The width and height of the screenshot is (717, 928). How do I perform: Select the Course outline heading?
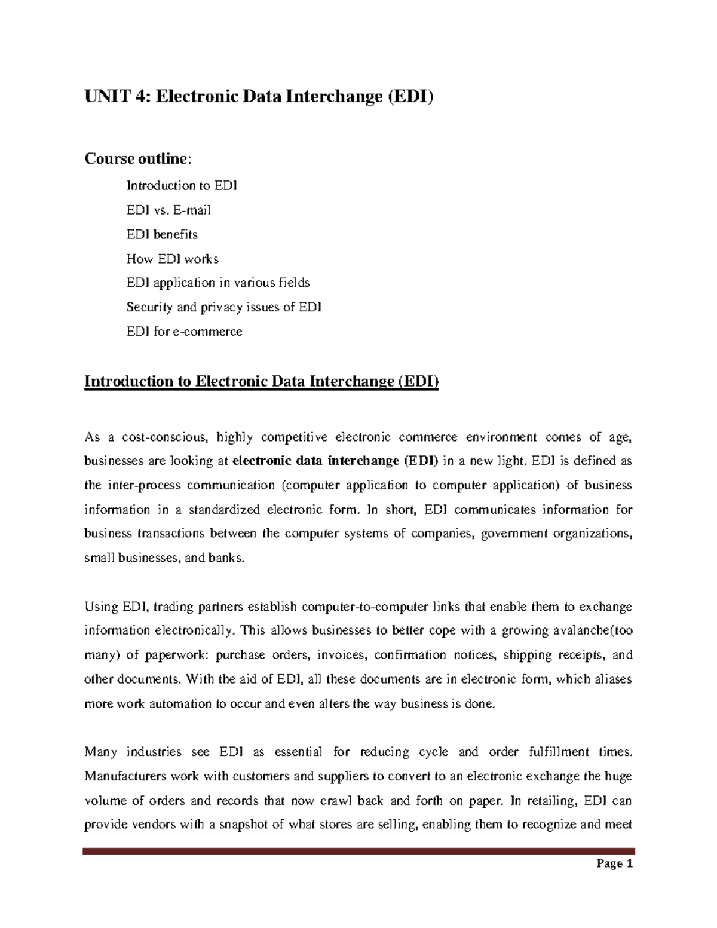tap(138, 159)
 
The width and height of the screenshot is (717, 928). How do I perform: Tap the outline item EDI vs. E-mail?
tap(168, 210)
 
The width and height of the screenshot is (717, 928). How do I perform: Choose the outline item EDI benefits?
tap(162, 234)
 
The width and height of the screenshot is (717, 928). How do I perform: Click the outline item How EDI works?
tap(173, 259)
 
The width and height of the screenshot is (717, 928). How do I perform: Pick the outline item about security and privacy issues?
tap(224, 307)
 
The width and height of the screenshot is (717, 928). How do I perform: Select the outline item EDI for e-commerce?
tap(185, 332)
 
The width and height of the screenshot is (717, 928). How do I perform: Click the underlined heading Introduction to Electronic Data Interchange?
tap(262, 381)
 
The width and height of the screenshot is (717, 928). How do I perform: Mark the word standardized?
tap(224, 510)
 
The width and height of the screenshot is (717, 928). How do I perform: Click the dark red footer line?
tap(358, 851)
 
